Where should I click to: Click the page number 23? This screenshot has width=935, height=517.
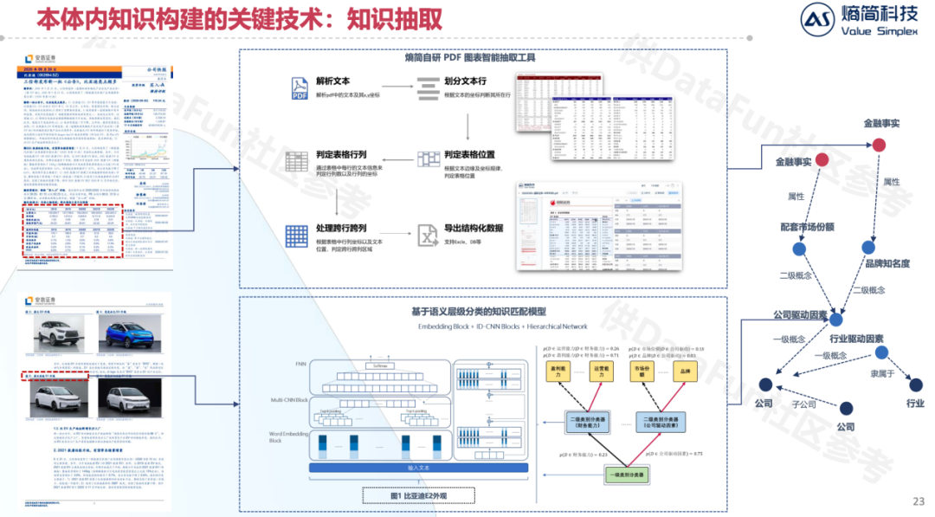click(x=919, y=501)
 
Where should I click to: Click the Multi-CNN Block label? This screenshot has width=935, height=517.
click(x=289, y=400)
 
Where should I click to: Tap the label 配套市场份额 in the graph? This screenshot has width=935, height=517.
click(x=806, y=227)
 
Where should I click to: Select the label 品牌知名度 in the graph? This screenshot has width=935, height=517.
click(x=886, y=262)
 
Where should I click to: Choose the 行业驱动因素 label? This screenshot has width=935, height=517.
click(x=856, y=339)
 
